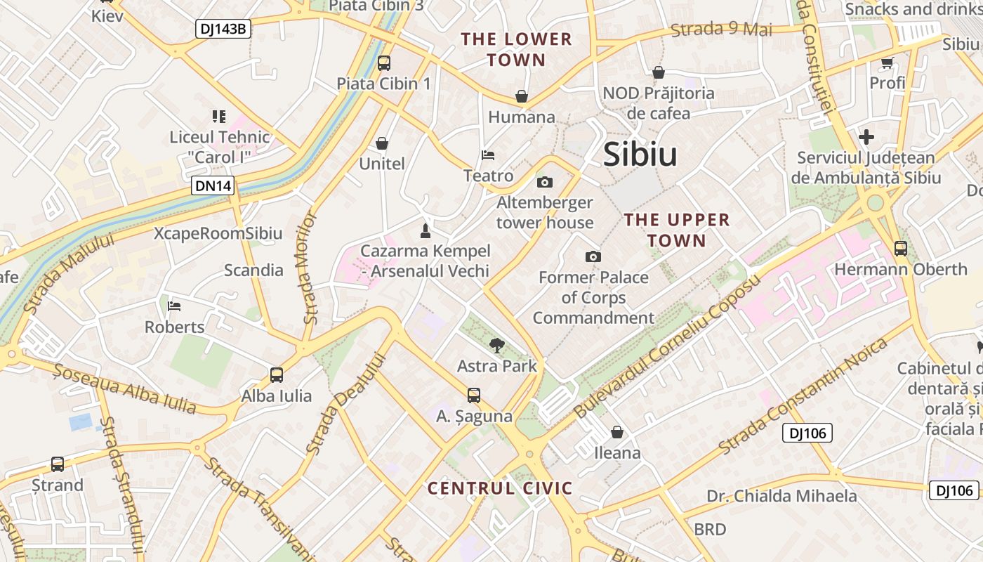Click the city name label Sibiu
[640, 155]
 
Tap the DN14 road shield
[213, 186]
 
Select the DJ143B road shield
[223, 29]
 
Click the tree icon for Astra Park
[497, 345]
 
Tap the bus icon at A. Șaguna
[474, 396]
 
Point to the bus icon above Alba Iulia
[277, 375]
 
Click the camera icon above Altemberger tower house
[544, 183]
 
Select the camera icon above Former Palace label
[593, 257]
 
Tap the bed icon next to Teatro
[488, 155]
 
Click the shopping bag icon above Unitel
[382, 143]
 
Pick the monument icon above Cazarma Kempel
[424, 230]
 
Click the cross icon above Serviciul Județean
[866, 137]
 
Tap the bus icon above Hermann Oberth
[901, 249]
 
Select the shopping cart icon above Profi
[888, 63]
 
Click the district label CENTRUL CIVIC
[500, 488]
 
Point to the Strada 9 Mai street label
[721, 30]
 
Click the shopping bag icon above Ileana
[617, 432]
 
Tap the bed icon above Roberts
[174, 306]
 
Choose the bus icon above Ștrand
[58, 464]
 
